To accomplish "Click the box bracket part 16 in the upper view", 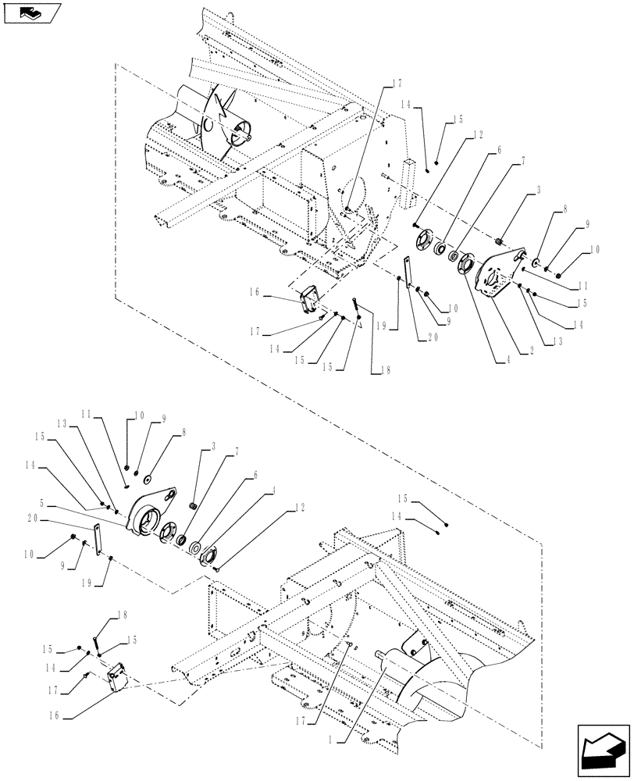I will click(311, 298).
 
